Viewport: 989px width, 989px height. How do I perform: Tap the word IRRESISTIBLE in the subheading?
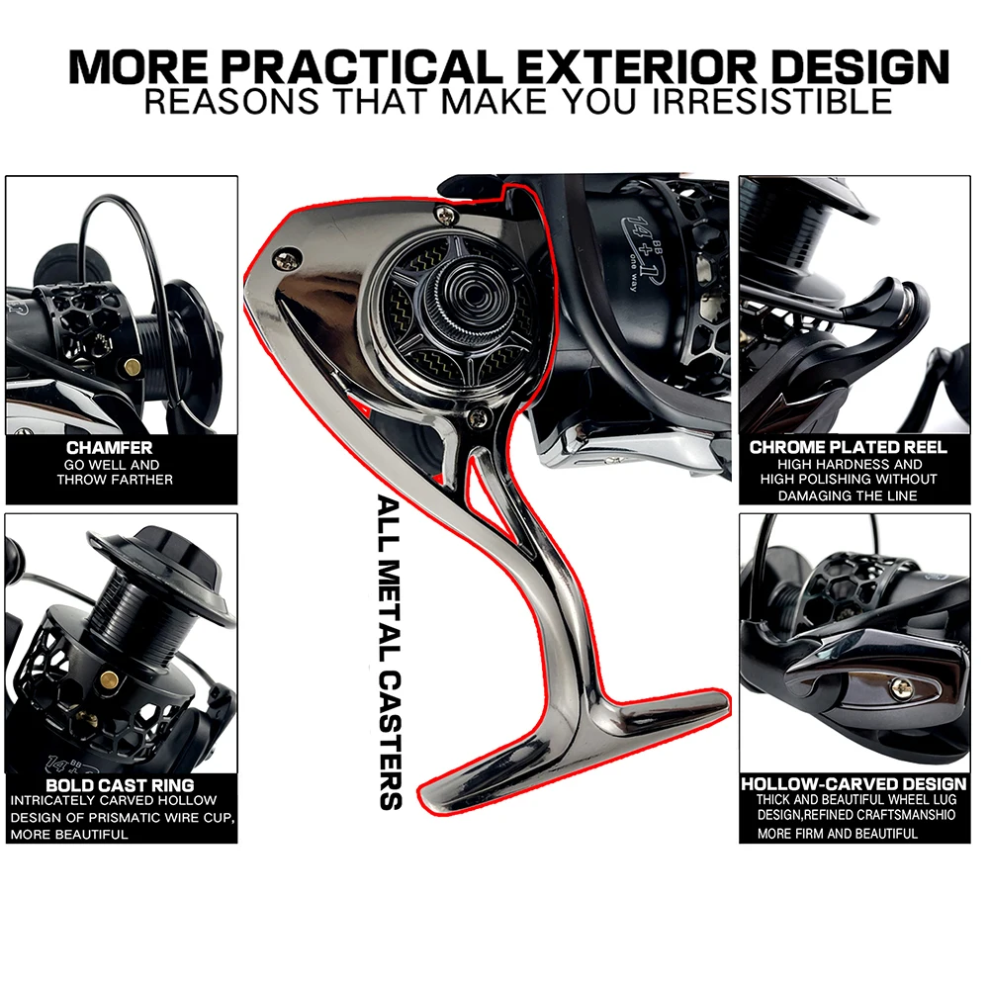(x=772, y=102)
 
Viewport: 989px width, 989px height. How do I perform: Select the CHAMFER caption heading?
(x=109, y=448)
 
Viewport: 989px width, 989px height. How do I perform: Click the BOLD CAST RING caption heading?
(x=120, y=785)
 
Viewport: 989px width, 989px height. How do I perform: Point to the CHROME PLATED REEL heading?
(x=849, y=447)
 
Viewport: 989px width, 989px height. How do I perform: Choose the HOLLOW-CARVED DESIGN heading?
(x=854, y=784)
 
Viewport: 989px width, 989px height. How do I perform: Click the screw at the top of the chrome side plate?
(x=446, y=214)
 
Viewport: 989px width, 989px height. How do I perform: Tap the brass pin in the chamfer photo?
(x=132, y=367)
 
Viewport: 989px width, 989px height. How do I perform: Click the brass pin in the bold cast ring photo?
(x=110, y=678)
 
